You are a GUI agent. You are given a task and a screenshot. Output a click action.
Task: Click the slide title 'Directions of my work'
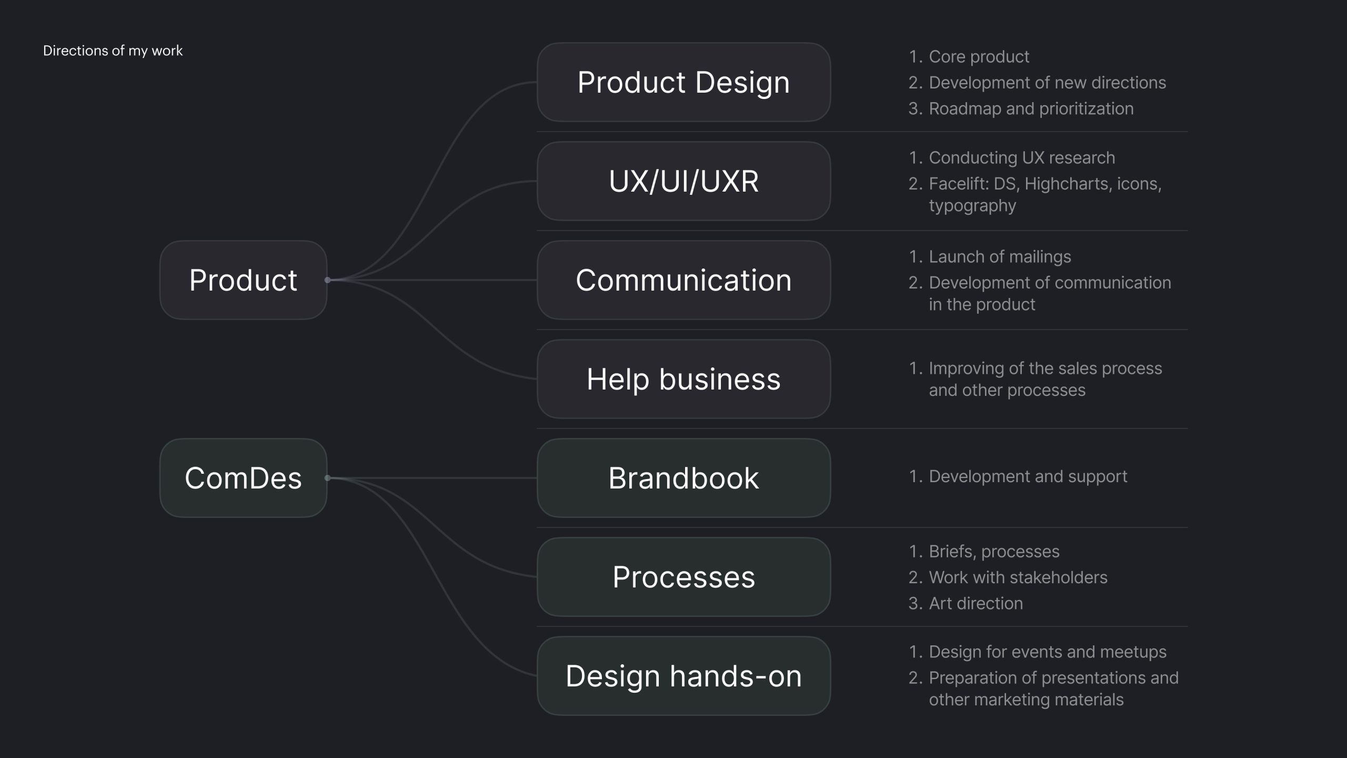(113, 51)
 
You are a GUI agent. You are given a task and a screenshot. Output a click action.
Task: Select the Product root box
(243, 280)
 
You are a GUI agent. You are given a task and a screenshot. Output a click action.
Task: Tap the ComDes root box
(243, 478)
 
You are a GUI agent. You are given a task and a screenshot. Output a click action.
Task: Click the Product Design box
(683, 82)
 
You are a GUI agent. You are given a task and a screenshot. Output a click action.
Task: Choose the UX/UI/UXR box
(683, 181)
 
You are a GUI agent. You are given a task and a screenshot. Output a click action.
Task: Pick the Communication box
(683, 280)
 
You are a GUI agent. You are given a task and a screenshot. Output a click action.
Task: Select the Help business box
(683, 379)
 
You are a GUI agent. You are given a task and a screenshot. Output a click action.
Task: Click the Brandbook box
(683, 478)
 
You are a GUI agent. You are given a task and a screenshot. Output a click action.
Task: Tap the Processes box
(683, 577)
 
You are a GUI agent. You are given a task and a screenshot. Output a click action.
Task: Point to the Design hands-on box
(683, 676)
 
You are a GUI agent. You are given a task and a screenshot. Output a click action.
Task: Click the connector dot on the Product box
(327, 280)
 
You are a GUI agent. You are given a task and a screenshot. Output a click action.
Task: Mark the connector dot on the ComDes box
(327, 478)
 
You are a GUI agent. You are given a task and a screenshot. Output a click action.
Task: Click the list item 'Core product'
(979, 56)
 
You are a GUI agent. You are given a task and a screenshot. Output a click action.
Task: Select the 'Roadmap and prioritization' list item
(1031, 108)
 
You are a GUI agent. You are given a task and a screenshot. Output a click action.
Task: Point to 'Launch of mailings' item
(1000, 256)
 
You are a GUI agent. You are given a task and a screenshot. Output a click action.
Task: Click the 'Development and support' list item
(1028, 476)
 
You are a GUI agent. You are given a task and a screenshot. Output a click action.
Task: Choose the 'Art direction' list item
(976, 603)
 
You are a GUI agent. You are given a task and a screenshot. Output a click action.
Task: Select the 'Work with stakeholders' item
(1018, 577)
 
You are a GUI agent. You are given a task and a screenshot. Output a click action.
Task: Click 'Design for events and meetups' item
(1047, 652)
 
